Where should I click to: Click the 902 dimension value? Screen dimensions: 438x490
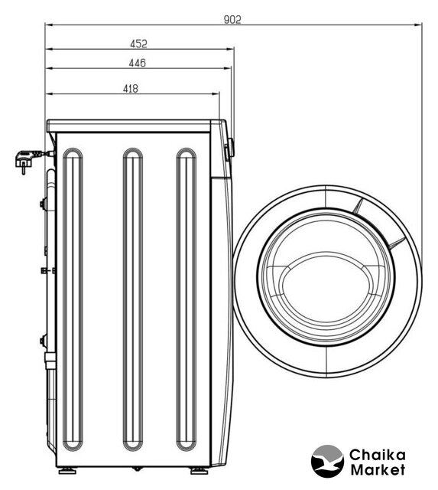pyautogui.click(x=232, y=20)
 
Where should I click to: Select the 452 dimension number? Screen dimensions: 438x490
pyautogui.click(x=138, y=44)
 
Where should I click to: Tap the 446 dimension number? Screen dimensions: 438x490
pyautogui.click(x=138, y=63)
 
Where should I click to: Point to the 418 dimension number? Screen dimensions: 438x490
pyautogui.click(x=131, y=89)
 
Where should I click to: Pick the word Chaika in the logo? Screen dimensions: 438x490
pyautogui.click(x=377, y=455)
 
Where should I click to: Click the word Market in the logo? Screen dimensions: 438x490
pyautogui.click(x=378, y=469)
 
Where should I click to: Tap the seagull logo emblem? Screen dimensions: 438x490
pyautogui.click(x=327, y=461)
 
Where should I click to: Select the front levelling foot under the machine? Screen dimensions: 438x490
pyautogui.click(x=199, y=470)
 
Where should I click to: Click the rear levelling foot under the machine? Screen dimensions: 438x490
pyautogui.click(x=67, y=470)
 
